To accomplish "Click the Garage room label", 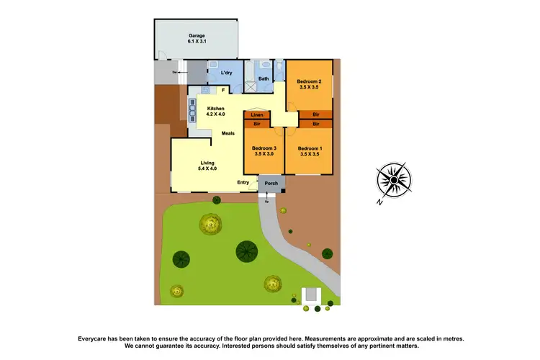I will [197, 35].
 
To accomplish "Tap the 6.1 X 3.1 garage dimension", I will [197, 42].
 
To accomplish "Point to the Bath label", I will [264, 78].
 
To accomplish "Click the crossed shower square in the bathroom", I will [251, 86].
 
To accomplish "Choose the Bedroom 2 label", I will [310, 81].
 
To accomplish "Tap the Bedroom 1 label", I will [309, 148].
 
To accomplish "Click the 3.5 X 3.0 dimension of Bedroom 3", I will [264, 154].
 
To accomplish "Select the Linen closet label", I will [257, 115].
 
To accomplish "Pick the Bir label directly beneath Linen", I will [257, 124].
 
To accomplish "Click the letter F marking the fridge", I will [224, 90].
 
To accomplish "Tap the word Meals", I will [228, 133].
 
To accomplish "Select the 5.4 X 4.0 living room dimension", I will [207, 168].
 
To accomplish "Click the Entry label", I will [243, 182].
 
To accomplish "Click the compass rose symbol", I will [393, 178].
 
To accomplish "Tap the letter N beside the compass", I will [379, 202].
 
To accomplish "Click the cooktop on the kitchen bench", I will [192, 110].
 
